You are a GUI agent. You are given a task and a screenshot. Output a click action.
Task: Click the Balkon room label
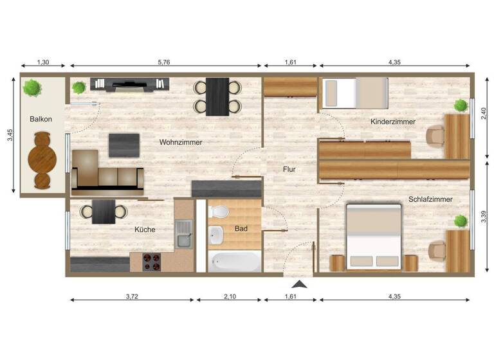pyautogui.click(x=41, y=120)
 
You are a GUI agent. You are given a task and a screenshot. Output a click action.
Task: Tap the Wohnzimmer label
pyautogui.click(x=181, y=142)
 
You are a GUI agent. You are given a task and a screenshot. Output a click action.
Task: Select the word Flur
pyautogui.click(x=289, y=170)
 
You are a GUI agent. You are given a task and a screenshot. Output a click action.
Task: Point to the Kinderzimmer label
pyautogui.click(x=393, y=122)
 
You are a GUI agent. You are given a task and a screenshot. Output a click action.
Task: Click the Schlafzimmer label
pyautogui.click(x=430, y=199)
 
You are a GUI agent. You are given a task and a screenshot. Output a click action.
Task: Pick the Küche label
pyautogui.click(x=145, y=230)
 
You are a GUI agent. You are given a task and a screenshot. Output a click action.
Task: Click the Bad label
pyautogui.click(x=241, y=228)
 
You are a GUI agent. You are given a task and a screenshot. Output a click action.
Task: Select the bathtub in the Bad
pyautogui.click(x=235, y=261)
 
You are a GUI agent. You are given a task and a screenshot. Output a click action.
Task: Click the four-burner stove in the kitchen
pyautogui.click(x=152, y=261)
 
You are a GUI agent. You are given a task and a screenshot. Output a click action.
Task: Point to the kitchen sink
pyautogui.click(x=184, y=233)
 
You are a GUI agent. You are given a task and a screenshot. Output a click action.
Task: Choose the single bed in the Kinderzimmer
pyautogui.click(x=355, y=93)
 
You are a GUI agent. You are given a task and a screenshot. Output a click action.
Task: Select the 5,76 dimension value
pyautogui.click(x=166, y=62)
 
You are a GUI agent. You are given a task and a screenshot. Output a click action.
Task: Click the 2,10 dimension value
pyautogui.click(x=228, y=296)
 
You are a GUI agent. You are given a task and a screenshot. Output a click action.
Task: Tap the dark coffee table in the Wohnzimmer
pyautogui.click(x=124, y=145)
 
